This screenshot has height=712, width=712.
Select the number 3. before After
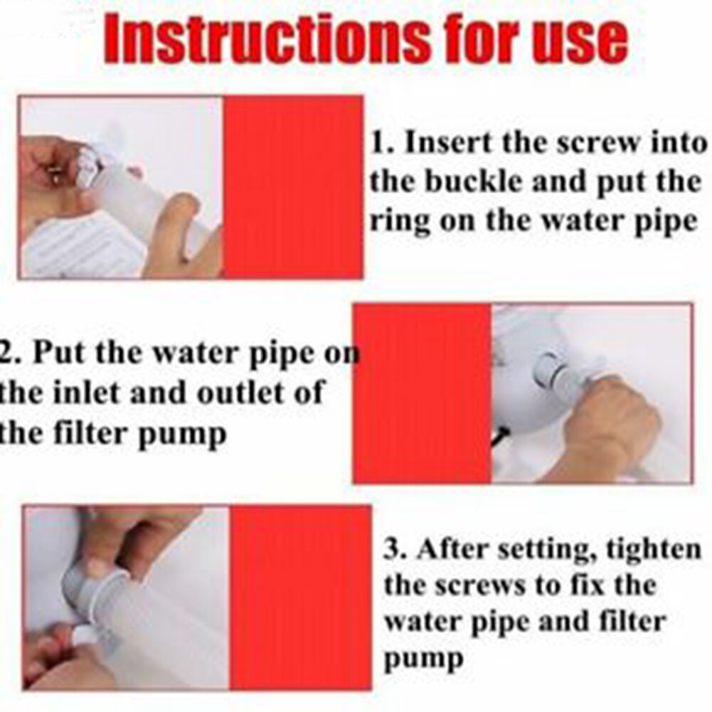[x=396, y=548]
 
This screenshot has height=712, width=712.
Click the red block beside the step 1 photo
[x=292, y=187]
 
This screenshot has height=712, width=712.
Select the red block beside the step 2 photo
[x=423, y=393]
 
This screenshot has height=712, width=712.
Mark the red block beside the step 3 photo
[x=299, y=597]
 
